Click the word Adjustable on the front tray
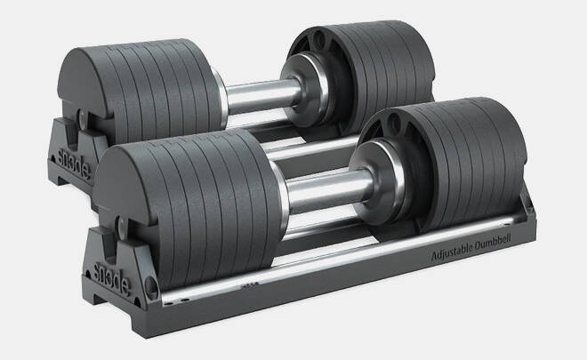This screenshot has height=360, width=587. click(x=452, y=253)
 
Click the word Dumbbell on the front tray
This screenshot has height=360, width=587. click(x=493, y=243)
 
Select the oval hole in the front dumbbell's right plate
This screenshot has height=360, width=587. click(x=394, y=122)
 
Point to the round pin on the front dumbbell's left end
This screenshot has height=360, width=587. click(x=121, y=226)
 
